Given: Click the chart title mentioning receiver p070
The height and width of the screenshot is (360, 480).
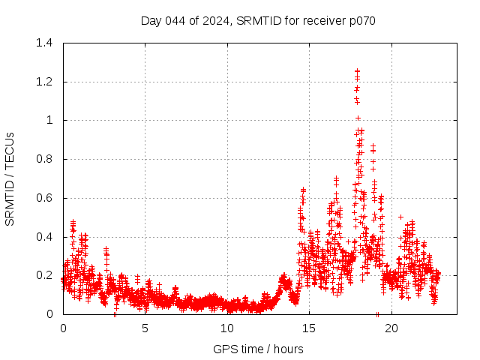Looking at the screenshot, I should click(258, 20).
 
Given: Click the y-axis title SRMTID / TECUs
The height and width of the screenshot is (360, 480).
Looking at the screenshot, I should click(10, 178).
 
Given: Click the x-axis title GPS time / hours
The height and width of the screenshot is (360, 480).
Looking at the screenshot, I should click(258, 349).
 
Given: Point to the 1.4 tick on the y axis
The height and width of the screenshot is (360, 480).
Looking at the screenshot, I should click(46, 43).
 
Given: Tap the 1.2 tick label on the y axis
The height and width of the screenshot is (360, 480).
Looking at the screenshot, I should click(46, 82).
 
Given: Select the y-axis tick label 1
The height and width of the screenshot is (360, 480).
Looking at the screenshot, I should click(51, 120).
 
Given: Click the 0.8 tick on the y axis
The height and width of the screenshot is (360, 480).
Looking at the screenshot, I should click(46, 159).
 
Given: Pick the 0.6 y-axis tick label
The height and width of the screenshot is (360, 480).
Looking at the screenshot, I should click(46, 198).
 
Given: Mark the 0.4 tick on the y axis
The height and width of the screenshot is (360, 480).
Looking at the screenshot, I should click(46, 237).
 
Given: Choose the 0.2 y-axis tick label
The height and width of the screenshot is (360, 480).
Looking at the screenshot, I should click(46, 275).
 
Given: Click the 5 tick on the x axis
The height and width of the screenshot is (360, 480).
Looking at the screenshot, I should click(145, 328).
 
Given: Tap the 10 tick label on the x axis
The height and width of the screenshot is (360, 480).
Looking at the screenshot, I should click(227, 328).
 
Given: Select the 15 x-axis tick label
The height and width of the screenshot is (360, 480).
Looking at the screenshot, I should click(310, 328).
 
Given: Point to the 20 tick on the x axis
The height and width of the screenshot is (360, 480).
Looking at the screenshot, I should click(391, 328).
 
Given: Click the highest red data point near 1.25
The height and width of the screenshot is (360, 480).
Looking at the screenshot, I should click(357, 71).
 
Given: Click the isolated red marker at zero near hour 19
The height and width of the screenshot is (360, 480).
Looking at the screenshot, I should click(377, 313).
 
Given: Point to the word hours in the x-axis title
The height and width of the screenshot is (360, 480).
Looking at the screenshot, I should click(288, 349).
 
